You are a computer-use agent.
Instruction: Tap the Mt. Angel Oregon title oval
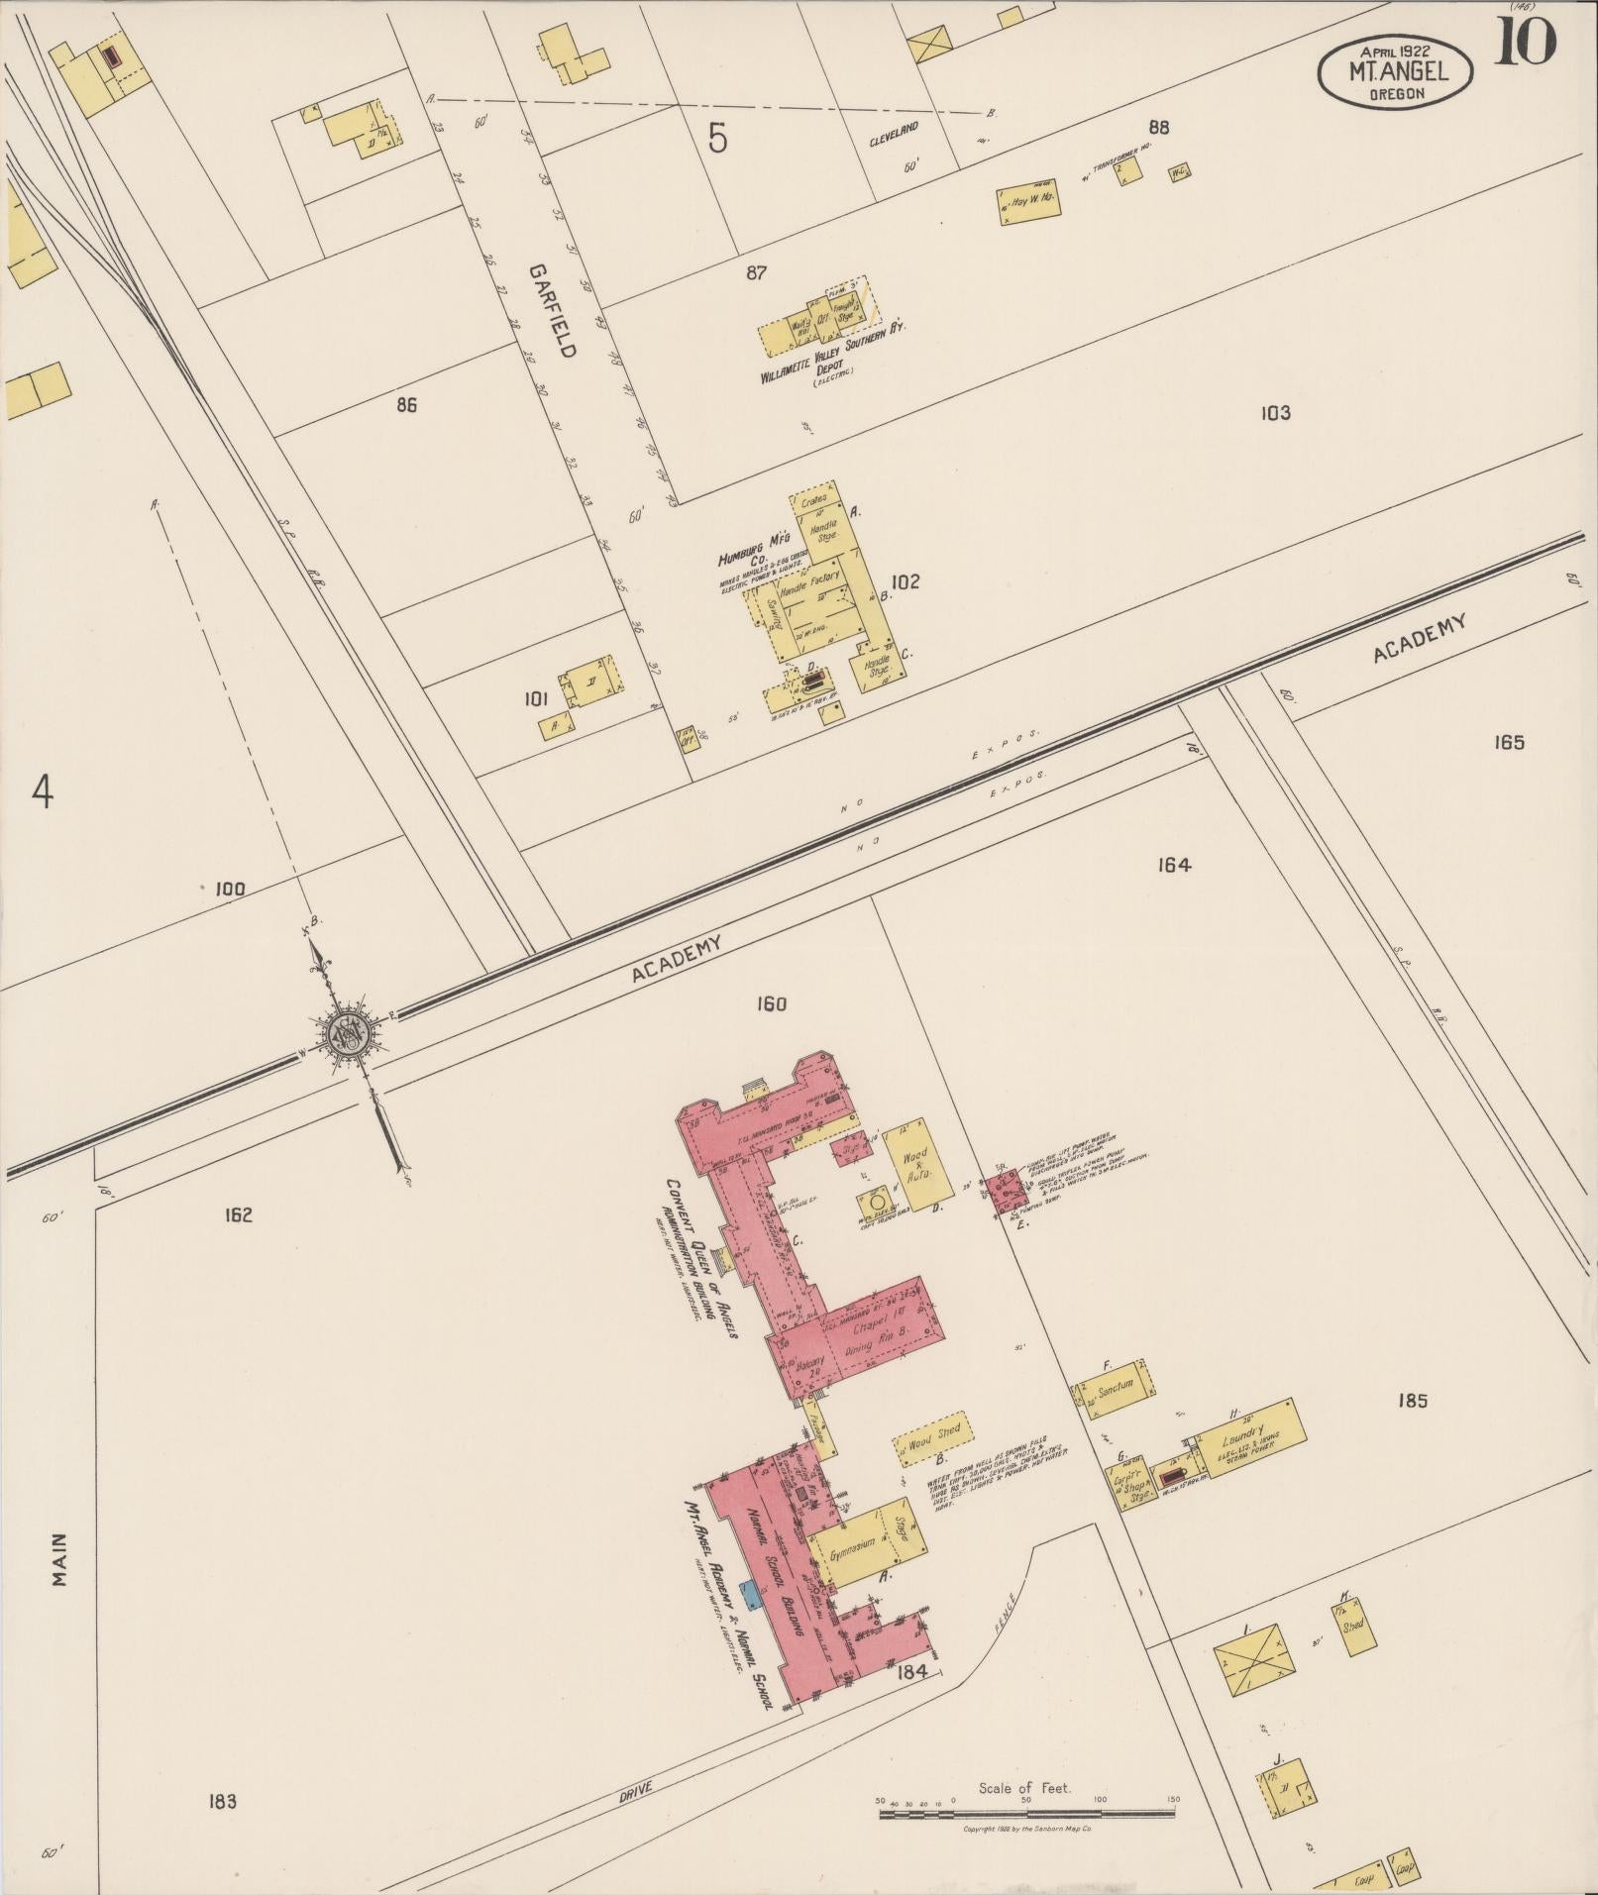tap(1396, 72)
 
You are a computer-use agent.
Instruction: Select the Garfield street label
tap(552, 310)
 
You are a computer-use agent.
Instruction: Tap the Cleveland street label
tap(895, 134)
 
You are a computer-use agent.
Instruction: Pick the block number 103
tap(1275, 413)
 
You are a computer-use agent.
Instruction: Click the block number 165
tap(1509, 742)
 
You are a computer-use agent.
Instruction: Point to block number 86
tap(406, 405)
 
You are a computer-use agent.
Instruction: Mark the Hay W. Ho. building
tap(1026, 202)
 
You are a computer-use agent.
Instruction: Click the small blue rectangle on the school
tap(750, 1593)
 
